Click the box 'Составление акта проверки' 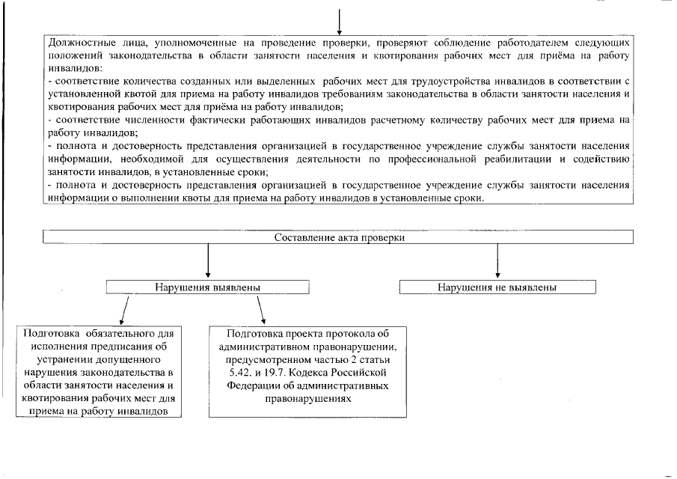click(339, 237)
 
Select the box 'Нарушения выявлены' click(207, 287)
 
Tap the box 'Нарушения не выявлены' click(497, 287)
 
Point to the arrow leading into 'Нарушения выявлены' click(207, 262)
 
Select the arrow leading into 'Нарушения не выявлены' click(497, 262)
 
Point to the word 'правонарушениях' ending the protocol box click(308, 398)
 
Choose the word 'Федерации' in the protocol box click(251, 385)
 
